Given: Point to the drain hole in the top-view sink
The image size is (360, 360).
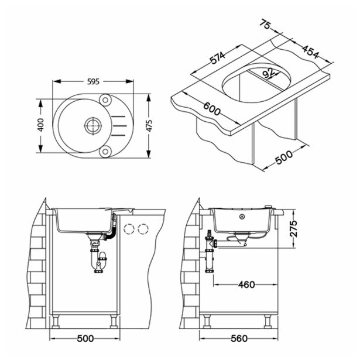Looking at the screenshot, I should click(91, 125).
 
